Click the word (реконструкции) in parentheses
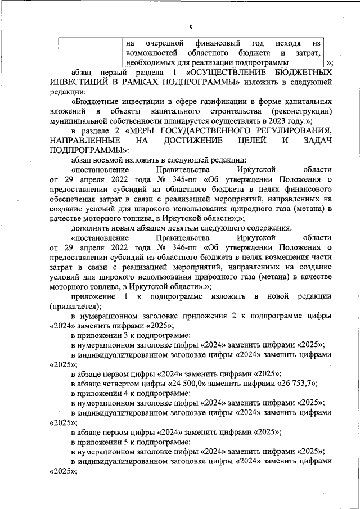click(296, 111)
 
